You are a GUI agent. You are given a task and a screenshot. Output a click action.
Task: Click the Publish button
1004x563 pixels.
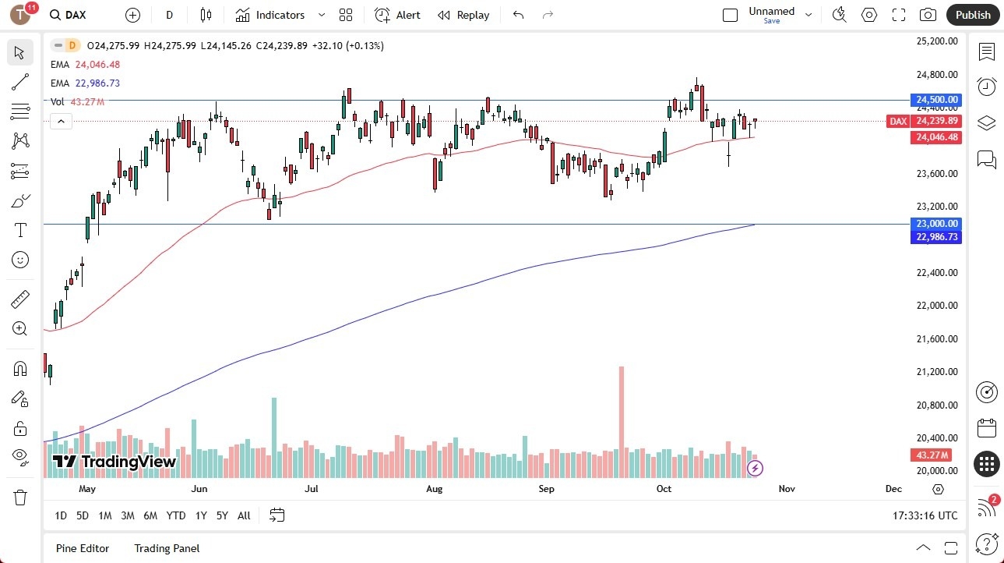(x=973, y=15)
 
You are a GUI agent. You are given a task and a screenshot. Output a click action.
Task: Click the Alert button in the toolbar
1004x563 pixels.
(x=397, y=15)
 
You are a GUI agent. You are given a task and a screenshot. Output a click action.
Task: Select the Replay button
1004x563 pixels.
(x=463, y=15)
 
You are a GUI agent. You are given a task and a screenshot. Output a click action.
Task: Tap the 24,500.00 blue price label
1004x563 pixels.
(x=937, y=100)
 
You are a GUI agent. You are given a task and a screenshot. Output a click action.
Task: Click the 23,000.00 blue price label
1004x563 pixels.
(x=937, y=224)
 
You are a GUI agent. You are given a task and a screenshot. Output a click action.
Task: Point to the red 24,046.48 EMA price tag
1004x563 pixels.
(x=937, y=137)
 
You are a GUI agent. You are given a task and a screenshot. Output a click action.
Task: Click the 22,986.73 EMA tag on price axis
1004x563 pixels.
(x=937, y=236)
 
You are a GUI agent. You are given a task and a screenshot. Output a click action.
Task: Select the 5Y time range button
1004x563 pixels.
(x=222, y=515)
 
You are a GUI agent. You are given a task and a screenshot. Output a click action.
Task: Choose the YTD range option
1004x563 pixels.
(x=176, y=515)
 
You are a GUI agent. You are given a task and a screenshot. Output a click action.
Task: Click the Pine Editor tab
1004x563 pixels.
(x=83, y=548)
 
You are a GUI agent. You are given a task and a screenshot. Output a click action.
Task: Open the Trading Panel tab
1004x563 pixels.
(x=167, y=548)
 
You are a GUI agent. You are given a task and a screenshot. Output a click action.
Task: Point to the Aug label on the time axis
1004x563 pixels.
(x=434, y=489)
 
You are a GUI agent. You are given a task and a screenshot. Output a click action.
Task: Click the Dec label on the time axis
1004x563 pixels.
(x=893, y=489)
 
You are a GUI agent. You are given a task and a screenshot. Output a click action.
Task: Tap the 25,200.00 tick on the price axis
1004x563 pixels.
(x=936, y=41)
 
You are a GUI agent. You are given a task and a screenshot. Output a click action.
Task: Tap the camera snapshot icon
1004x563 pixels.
(x=928, y=15)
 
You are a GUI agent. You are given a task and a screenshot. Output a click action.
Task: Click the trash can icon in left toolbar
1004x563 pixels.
(x=20, y=497)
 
